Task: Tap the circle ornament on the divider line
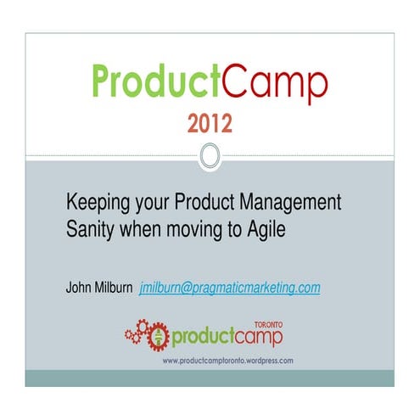[210, 154]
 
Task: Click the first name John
[81, 288]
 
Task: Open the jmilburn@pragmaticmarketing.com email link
[230, 288]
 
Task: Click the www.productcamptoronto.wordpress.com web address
[228, 360]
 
